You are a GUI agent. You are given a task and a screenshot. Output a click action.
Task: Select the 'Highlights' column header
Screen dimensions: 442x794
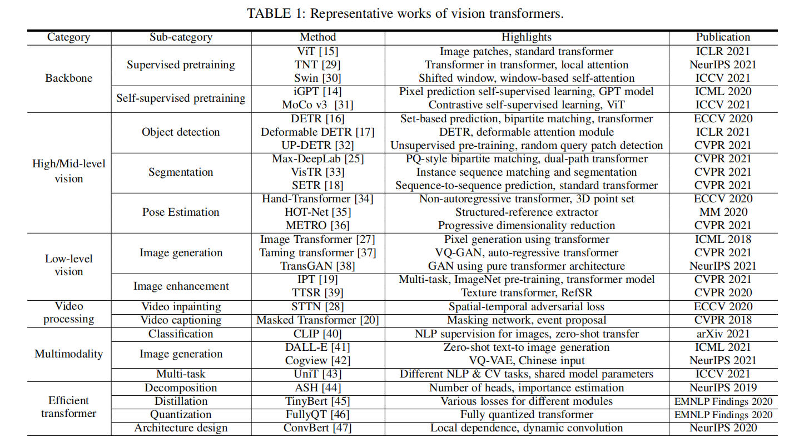(x=527, y=38)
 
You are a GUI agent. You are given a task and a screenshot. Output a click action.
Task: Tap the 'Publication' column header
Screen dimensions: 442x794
(x=723, y=38)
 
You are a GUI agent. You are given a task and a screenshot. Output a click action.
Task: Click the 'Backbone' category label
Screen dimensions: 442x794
(x=69, y=78)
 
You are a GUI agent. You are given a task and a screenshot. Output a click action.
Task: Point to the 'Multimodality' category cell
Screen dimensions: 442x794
(x=69, y=354)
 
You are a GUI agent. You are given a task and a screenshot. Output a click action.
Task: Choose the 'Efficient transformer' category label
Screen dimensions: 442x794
(x=69, y=408)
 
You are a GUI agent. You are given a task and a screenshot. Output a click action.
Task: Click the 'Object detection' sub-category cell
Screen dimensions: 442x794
(x=181, y=132)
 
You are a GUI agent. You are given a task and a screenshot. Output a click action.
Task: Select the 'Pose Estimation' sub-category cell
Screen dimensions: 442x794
(x=181, y=212)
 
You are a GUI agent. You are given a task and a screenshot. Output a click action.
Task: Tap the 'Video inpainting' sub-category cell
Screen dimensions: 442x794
(x=181, y=306)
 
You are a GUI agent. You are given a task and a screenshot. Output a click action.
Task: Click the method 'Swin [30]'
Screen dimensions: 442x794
(x=317, y=78)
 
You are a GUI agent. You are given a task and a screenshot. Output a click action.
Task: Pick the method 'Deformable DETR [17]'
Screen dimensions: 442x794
(x=317, y=132)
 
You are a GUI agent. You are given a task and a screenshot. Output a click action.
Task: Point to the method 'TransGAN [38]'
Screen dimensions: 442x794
(x=317, y=266)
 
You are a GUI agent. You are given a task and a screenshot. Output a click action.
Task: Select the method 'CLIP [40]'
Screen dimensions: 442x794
(x=317, y=334)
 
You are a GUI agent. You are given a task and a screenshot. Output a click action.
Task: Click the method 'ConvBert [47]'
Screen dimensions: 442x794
(x=317, y=428)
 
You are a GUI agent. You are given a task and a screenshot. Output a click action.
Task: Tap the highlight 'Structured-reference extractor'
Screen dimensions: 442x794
(x=527, y=212)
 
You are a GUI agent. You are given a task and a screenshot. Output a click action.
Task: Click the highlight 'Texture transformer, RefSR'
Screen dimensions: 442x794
(x=527, y=293)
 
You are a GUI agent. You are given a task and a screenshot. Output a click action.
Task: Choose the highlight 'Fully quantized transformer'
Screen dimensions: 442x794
(x=527, y=415)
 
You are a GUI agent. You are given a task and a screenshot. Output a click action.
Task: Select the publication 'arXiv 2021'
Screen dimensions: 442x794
(x=723, y=334)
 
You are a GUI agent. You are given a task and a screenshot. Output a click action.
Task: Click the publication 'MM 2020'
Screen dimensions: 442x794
(x=723, y=212)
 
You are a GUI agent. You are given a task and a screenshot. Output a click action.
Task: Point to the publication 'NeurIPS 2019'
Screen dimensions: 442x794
(x=723, y=388)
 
